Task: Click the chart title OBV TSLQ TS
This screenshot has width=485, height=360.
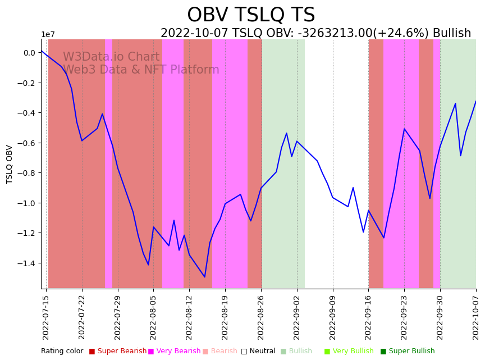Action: coord(251,15)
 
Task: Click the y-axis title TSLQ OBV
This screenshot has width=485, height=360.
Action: coord(10,164)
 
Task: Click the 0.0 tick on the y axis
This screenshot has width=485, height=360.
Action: coord(29,53)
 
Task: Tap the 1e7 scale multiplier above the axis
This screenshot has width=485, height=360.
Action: coord(48,35)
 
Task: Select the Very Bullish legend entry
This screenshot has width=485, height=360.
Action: coord(353,351)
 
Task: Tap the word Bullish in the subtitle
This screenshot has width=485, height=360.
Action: coord(452,33)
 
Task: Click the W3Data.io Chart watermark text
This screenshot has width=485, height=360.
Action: coord(111,57)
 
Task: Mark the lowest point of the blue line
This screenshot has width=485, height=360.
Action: coord(205,277)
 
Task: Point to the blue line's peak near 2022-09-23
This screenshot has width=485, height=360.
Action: coord(404,129)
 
